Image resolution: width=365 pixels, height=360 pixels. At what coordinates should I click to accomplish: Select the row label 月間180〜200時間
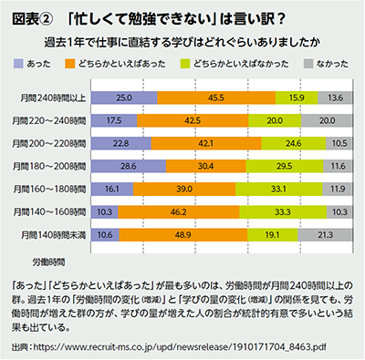(x=54, y=165)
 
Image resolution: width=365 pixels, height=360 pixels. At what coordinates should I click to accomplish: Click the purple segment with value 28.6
(x=129, y=165)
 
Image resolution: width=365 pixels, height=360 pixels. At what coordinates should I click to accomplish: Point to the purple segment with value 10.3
(x=105, y=211)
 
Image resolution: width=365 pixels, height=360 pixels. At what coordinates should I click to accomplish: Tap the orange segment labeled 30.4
(x=205, y=165)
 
